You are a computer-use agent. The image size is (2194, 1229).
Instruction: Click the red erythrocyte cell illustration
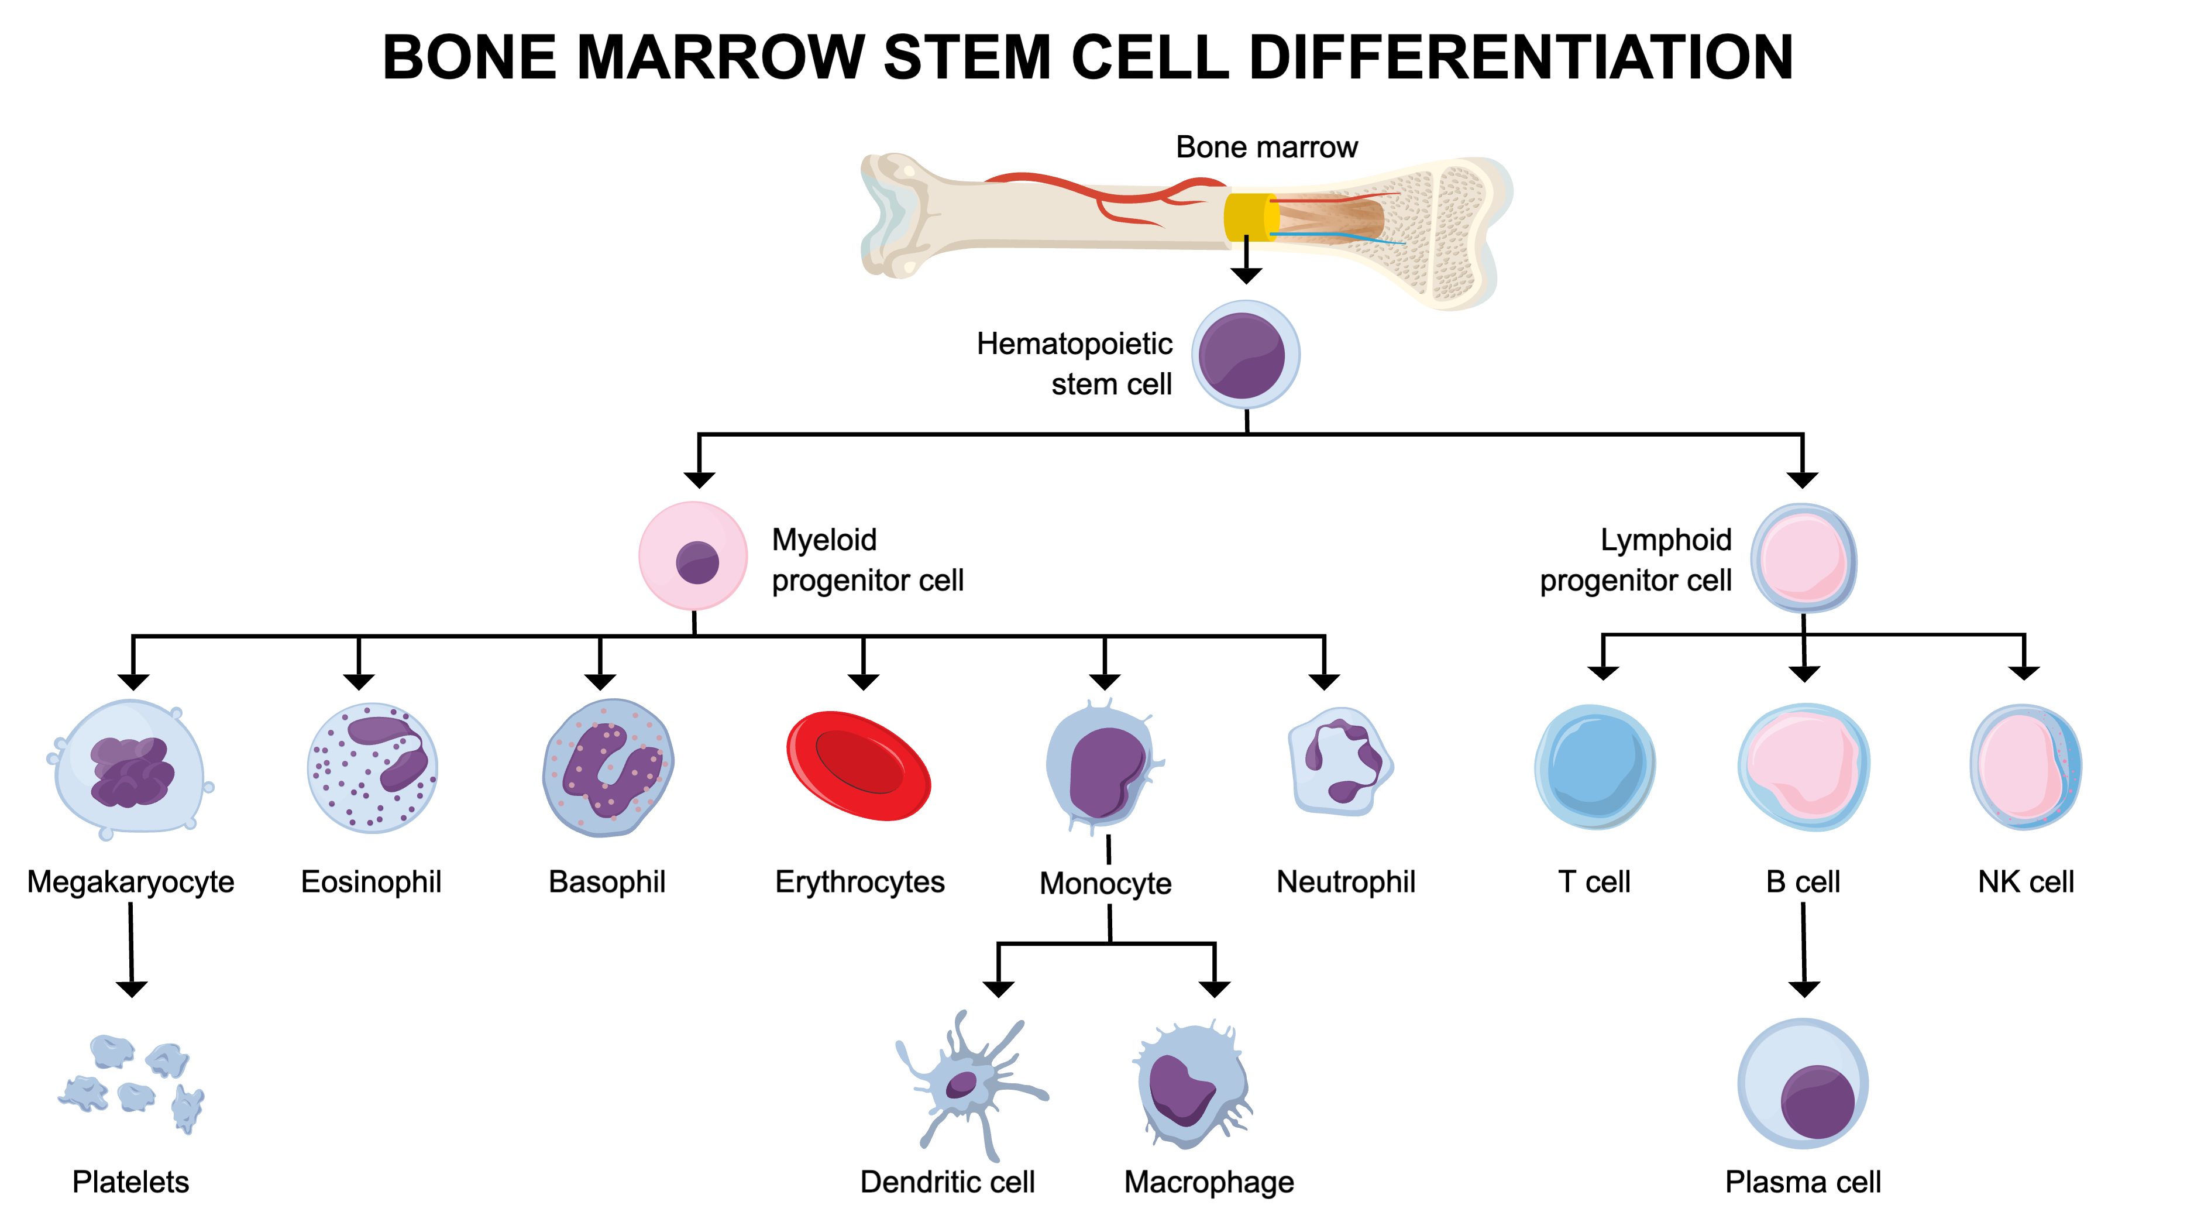point(858,765)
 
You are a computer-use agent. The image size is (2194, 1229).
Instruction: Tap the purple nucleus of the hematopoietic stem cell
point(1241,355)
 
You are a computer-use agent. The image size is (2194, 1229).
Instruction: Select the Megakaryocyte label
point(130,881)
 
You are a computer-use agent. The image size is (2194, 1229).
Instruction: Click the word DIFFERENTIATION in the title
point(1521,58)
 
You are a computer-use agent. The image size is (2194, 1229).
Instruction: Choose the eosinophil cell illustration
point(372,767)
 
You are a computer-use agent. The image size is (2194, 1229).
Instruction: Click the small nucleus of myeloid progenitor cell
point(697,562)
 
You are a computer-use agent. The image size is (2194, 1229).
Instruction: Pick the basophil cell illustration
point(607,767)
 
